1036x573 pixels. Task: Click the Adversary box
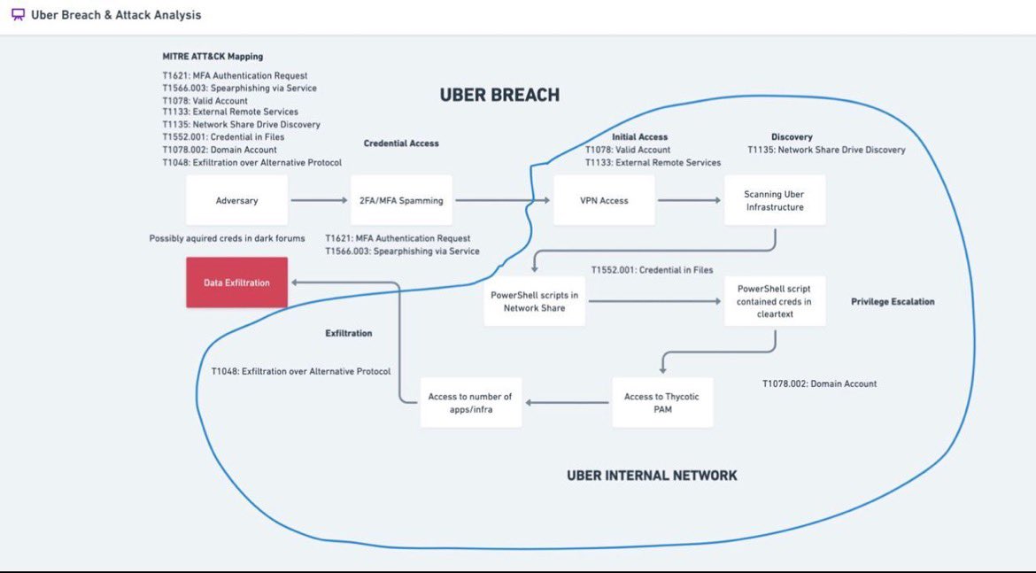236,200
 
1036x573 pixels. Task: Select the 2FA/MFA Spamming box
401,200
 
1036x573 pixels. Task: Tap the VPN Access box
603,200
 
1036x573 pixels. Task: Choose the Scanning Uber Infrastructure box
775,200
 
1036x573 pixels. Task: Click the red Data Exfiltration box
236,283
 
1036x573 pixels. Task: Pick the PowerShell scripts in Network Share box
534,301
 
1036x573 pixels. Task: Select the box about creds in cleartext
775,301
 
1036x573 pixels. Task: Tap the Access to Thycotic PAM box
661,403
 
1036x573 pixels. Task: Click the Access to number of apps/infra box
470,403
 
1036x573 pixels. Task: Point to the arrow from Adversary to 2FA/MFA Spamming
319,201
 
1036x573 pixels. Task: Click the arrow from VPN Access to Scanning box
689,201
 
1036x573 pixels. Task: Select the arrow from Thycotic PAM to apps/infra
567,403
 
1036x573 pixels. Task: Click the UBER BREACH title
499,95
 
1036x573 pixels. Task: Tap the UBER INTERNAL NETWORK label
652,476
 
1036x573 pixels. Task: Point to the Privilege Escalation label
893,302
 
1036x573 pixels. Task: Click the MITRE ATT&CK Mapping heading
213,57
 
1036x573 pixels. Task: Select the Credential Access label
401,143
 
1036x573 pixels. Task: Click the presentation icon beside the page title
17,15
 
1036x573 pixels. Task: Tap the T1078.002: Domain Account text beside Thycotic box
819,384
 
